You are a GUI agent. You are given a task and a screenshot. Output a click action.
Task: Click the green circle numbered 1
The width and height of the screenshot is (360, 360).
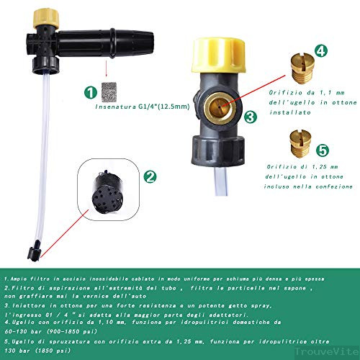point(89,92)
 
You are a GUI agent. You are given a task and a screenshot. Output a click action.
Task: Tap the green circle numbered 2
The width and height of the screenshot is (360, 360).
point(150,176)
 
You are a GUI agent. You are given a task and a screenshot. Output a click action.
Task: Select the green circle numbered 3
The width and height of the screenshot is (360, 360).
point(249,116)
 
